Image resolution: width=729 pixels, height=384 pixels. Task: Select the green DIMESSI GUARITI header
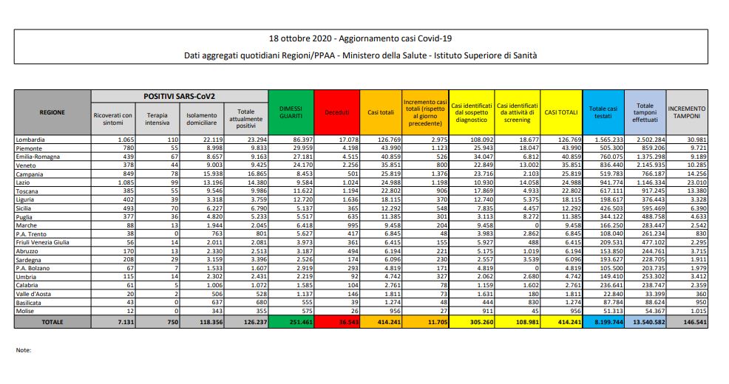[291, 112]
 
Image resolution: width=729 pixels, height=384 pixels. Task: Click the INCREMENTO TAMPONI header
[687, 112]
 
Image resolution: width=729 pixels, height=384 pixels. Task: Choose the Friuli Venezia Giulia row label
[47, 241]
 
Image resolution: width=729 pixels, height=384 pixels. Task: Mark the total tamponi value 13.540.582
[642, 323]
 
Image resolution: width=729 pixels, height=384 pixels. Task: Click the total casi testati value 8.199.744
[603, 323]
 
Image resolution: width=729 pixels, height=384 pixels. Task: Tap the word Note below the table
[23, 350]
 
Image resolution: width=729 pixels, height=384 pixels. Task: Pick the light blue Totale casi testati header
[603, 112]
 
